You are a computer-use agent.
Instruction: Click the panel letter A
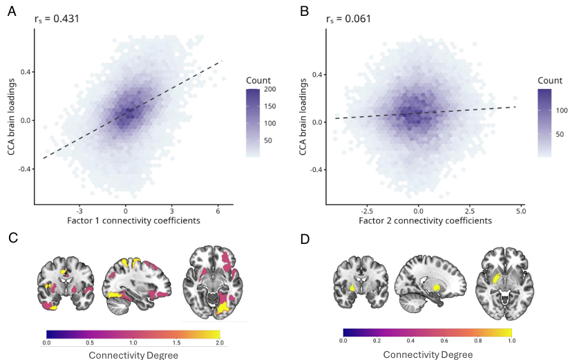tap(12, 12)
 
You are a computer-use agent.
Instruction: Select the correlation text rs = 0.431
tap(57, 19)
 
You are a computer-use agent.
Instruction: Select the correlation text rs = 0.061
tap(348, 19)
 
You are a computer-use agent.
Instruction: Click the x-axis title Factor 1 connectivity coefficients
tap(125, 220)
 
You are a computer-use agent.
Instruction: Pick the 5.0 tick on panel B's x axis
tap(520, 209)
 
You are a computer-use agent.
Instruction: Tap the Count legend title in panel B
tap(551, 80)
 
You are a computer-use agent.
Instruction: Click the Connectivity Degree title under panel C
tap(133, 354)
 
